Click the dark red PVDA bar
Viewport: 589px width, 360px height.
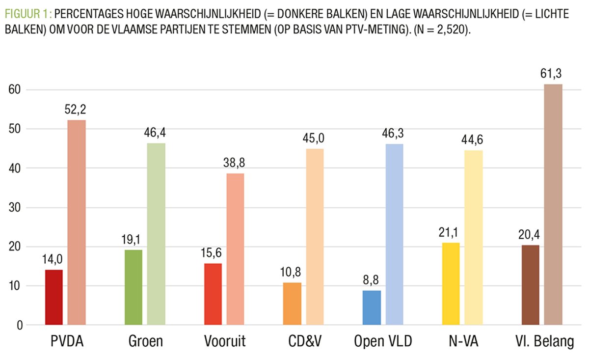pyautogui.click(x=54, y=297)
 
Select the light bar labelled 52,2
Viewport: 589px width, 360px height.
pyautogui.click(x=77, y=222)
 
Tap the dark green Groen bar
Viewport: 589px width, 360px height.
pyautogui.click(x=133, y=287)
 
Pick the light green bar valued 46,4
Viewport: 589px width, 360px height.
pyautogui.click(x=156, y=234)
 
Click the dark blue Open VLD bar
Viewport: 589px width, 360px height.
pyautogui.click(x=372, y=307)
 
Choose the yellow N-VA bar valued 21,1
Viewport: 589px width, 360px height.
pyautogui.click(x=451, y=283)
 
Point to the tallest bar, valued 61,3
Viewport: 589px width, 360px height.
pyautogui.click(x=553, y=204)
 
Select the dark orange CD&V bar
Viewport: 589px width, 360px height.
pyautogui.click(x=292, y=304)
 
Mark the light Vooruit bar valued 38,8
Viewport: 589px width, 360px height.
pyautogui.click(x=236, y=249)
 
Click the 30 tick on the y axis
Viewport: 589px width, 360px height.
pyautogui.click(x=17, y=208)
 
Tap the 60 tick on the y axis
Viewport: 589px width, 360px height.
pyautogui.click(x=17, y=90)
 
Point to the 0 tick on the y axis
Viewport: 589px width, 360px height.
pyautogui.click(x=20, y=325)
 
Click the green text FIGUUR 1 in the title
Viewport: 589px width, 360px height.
pyautogui.click(x=28, y=14)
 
